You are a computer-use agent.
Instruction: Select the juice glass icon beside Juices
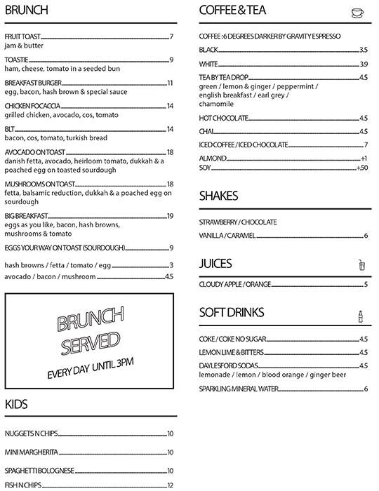tap(361, 264)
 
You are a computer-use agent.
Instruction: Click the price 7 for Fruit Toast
tap(171, 36)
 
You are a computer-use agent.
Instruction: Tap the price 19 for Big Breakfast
tap(170, 216)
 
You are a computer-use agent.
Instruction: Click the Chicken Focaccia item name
tap(33, 106)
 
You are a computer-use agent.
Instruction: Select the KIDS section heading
tap(17, 403)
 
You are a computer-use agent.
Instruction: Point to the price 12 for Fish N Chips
tap(170, 485)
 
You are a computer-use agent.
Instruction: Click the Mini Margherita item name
tap(32, 452)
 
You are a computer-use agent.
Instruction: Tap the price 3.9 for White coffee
tap(364, 64)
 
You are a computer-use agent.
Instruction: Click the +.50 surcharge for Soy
tap(362, 168)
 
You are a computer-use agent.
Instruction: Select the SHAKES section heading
tap(218, 196)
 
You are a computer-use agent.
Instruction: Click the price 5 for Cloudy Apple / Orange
tap(366, 285)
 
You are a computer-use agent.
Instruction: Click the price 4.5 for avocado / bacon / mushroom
tap(168, 277)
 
